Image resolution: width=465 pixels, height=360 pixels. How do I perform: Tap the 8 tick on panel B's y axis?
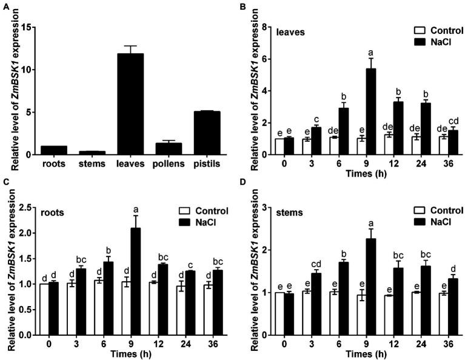pos(264,27)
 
